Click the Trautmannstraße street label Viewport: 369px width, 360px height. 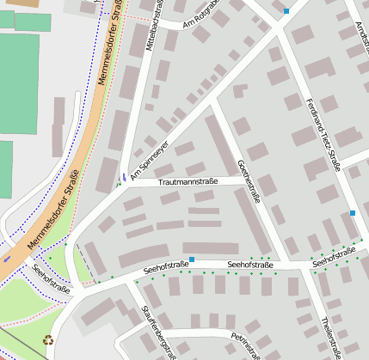188,182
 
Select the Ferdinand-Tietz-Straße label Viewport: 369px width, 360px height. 323,137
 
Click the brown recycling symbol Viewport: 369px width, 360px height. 47,339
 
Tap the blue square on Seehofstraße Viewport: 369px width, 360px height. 192,259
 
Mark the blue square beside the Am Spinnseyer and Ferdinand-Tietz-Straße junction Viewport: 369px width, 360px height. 286,11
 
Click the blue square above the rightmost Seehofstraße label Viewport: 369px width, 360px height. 352,213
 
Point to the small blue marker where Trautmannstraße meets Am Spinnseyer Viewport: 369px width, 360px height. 124,179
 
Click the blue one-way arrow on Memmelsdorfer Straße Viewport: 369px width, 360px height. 8,255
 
